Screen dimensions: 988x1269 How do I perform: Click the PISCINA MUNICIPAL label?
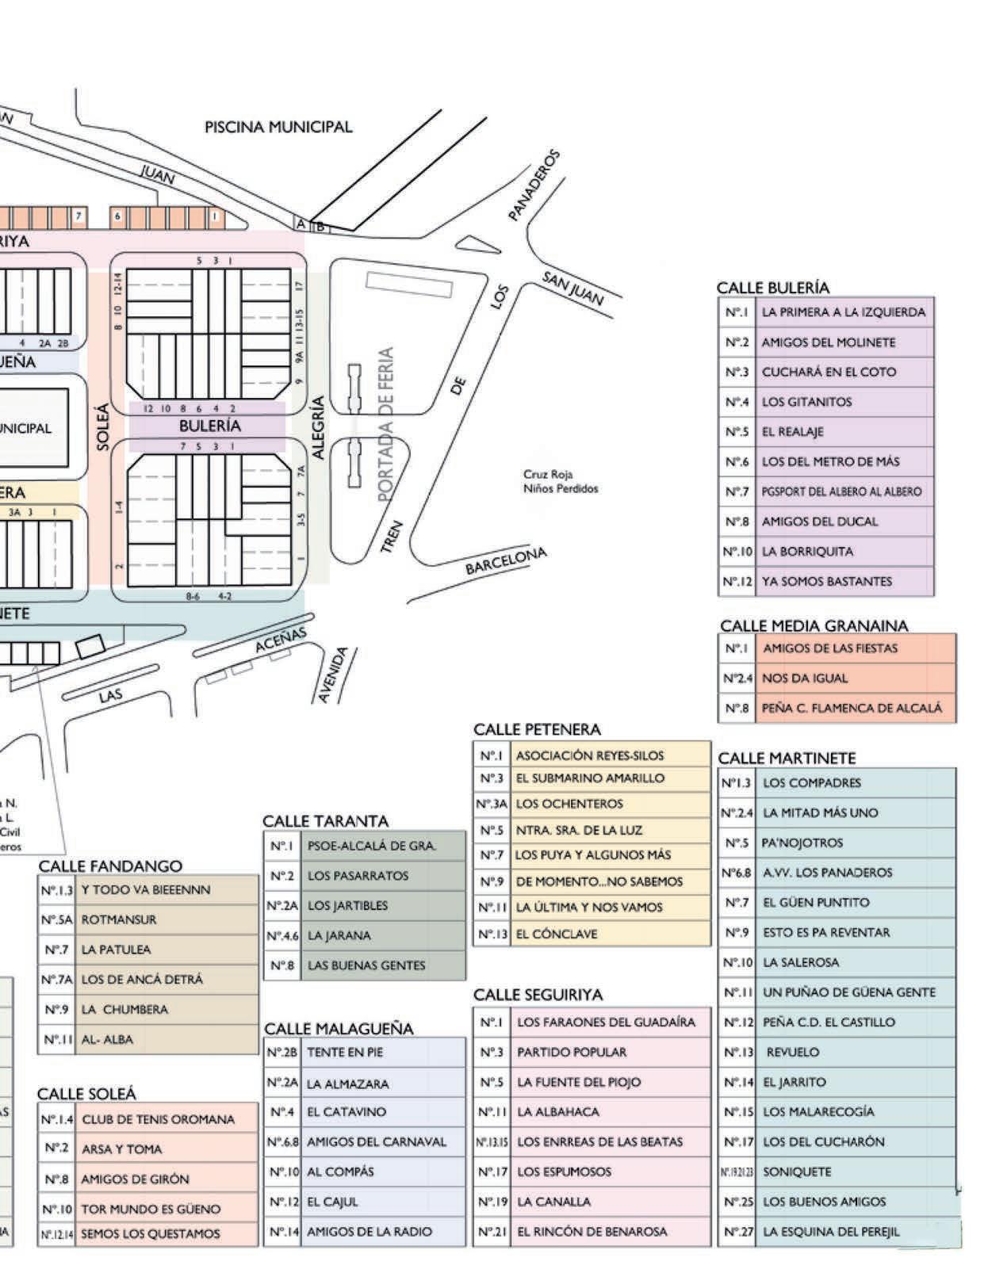[x=278, y=127]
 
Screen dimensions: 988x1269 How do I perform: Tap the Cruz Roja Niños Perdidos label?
[x=560, y=482]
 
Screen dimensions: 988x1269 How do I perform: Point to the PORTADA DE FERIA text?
[x=386, y=424]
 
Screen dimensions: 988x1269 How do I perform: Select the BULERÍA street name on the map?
[x=209, y=426]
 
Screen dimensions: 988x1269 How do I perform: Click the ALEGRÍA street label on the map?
[x=319, y=427]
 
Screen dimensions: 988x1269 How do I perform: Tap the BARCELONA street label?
[x=506, y=561]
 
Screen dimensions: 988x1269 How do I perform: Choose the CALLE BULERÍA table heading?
[x=772, y=288]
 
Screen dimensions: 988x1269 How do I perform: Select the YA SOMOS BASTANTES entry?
[x=826, y=581]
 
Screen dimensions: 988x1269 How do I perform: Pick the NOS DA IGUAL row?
[x=805, y=678]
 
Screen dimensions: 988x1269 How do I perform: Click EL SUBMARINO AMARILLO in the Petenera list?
[x=590, y=778]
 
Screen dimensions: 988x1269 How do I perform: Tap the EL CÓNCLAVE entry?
[x=556, y=934]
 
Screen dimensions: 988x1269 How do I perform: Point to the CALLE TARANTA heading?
[x=325, y=820]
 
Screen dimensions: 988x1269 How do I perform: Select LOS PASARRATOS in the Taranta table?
[x=358, y=876]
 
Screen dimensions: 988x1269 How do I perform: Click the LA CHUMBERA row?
[x=124, y=1010]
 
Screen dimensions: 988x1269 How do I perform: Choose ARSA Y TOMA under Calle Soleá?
[x=121, y=1149]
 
